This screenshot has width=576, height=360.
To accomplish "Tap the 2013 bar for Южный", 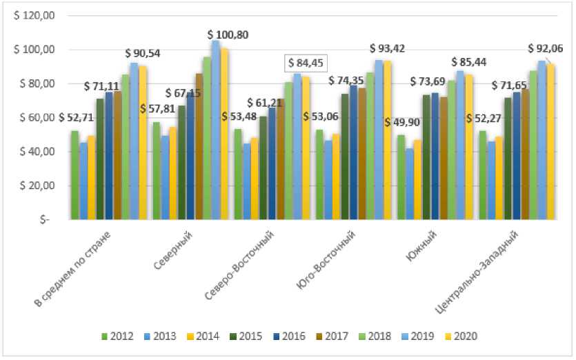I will (410, 184).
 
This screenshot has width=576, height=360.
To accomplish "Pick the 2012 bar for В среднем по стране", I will (75, 175).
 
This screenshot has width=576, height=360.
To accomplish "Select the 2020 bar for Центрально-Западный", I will (550, 142).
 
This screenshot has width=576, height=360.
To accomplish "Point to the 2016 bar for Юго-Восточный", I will (354, 152).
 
